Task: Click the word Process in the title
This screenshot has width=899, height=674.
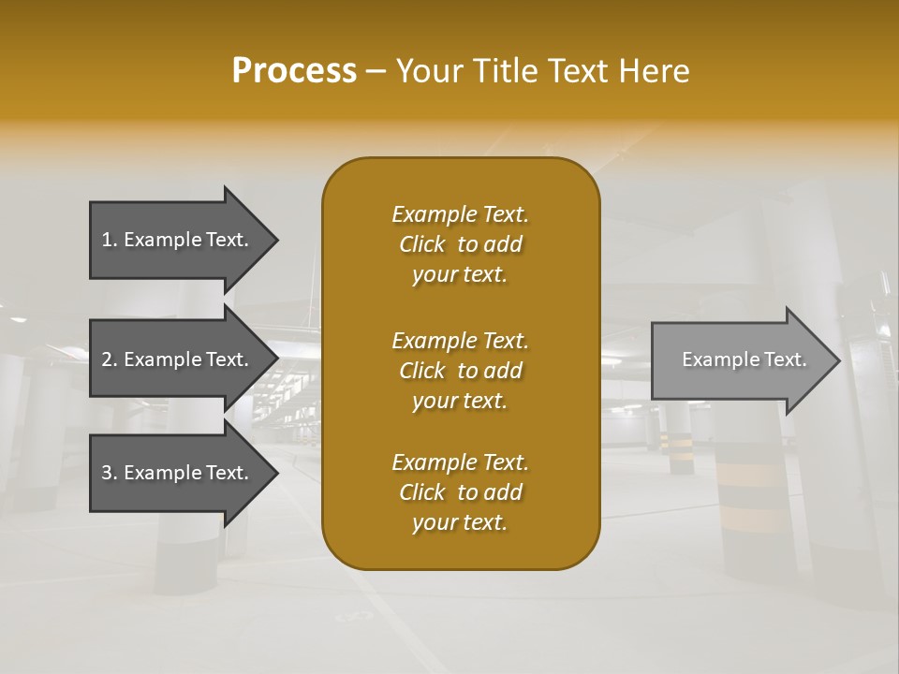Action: pyautogui.click(x=294, y=71)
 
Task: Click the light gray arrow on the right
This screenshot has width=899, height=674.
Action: pyautogui.click(x=740, y=359)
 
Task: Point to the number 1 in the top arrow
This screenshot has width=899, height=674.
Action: pyautogui.click(x=107, y=240)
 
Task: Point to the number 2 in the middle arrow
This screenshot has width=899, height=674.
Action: pyautogui.click(x=107, y=359)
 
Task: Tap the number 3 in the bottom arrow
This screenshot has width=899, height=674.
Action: pyautogui.click(x=107, y=473)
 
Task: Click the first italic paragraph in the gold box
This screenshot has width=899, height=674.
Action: pyautogui.click(x=460, y=244)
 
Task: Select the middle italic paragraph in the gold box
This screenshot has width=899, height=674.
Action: pyautogui.click(x=460, y=370)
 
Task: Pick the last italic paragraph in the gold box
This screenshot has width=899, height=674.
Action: pyautogui.click(x=460, y=492)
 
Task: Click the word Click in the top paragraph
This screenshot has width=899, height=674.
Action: pyautogui.click(x=421, y=244)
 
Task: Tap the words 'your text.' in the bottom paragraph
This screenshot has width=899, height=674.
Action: pyautogui.click(x=460, y=523)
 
